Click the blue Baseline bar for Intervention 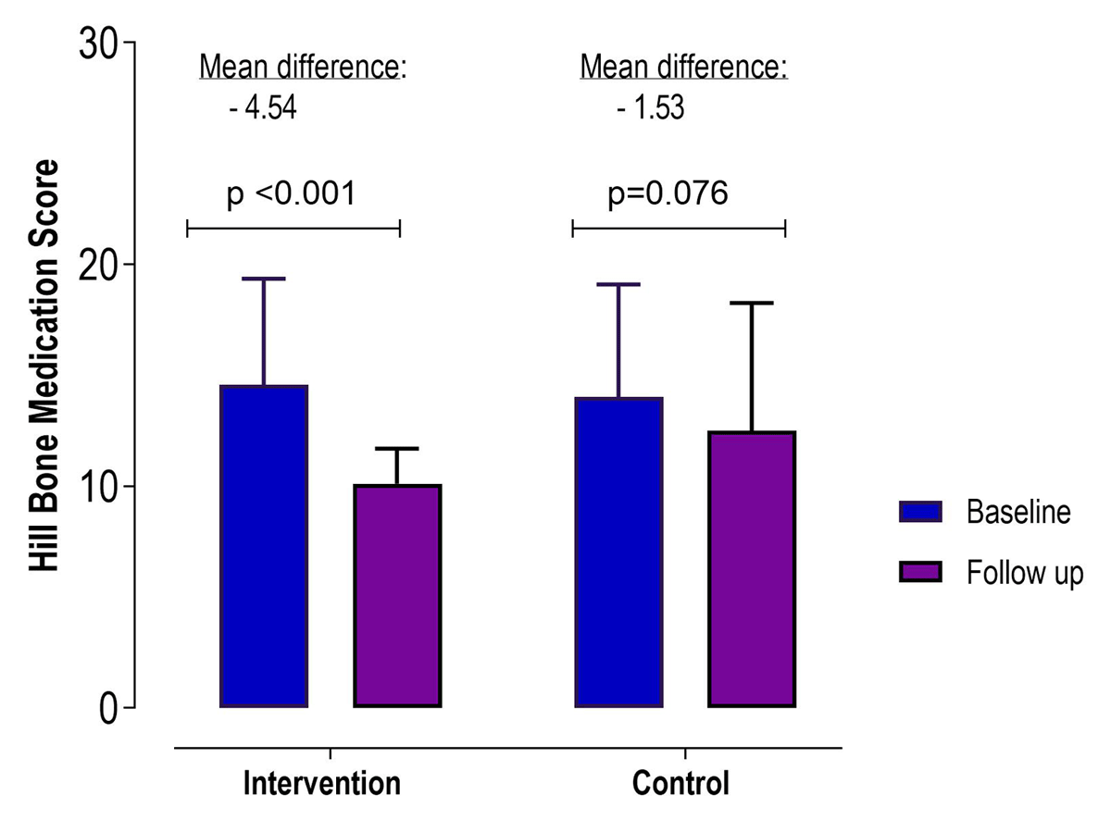(264, 546)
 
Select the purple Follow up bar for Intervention (397, 596)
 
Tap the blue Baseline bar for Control (618, 553)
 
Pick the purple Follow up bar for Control (751, 569)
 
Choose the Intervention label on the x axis (322, 783)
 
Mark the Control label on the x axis (680, 783)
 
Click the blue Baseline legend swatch (920, 512)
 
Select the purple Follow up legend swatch (920, 572)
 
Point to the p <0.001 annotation (292, 194)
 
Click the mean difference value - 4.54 (262, 109)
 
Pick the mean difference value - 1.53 (650, 109)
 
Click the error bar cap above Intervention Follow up (397, 449)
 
